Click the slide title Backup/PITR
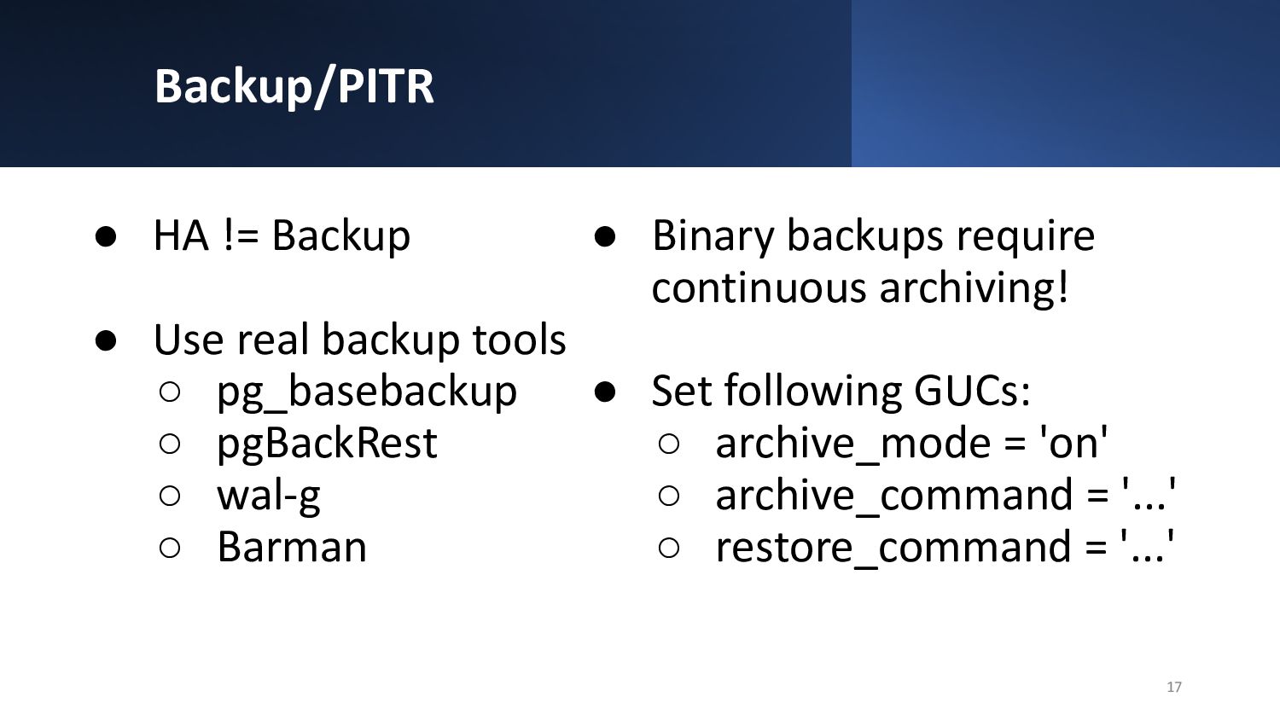(294, 87)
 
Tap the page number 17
(1173, 687)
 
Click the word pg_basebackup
(367, 392)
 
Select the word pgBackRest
(327, 444)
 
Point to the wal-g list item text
(269, 496)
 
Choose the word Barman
(292, 547)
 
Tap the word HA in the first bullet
(181, 235)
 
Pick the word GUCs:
(972, 392)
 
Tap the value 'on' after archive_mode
(1073, 443)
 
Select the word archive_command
(894, 496)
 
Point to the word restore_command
(893, 548)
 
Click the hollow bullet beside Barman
(170, 548)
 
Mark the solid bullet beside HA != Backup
(106, 236)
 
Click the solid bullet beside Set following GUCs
(604, 392)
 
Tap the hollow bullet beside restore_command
(668, 548)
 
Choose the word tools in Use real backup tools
(519, 340)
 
